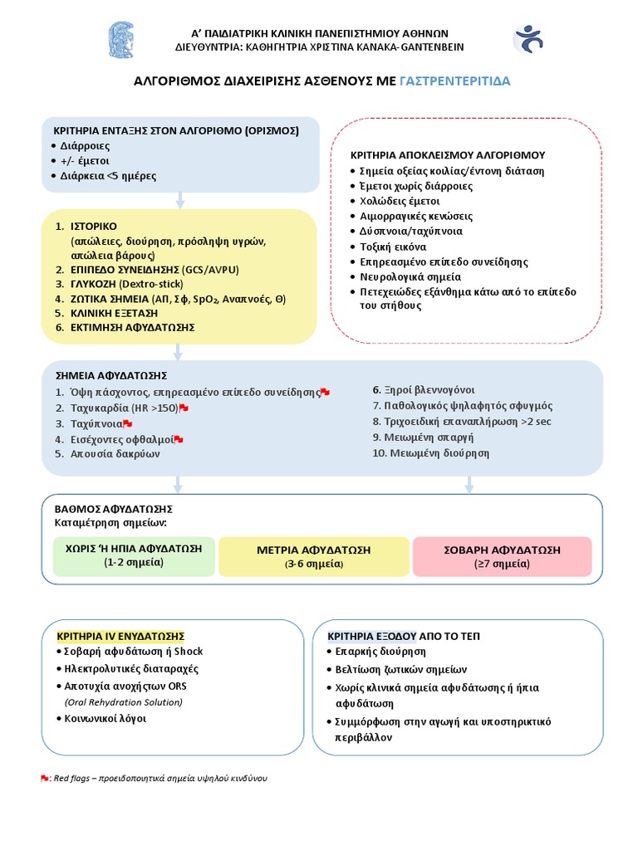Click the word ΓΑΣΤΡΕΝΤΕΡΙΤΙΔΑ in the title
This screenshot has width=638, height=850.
455,81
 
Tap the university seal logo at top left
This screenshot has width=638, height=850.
121,39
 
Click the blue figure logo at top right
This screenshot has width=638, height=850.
528,38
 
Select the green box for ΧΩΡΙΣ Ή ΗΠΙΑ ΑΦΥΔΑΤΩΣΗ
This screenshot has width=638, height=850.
134,555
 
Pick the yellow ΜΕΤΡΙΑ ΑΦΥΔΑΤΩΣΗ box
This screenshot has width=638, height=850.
313,556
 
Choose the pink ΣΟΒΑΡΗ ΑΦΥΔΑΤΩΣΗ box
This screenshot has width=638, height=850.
501,555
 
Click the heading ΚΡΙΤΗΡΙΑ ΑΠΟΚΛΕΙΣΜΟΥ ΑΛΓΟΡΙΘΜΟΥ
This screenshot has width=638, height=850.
447,155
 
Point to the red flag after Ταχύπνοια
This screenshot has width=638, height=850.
128,423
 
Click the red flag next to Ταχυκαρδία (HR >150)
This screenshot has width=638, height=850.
184,408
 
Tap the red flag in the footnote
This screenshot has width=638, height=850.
45,779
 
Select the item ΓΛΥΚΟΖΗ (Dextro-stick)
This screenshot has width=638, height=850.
126,283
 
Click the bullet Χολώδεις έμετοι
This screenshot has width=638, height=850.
400,201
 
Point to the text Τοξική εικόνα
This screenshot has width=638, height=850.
393,247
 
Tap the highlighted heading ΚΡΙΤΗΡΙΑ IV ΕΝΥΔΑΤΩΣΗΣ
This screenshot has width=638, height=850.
120,636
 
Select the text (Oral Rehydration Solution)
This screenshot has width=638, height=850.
123,702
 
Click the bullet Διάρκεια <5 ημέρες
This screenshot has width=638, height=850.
108,176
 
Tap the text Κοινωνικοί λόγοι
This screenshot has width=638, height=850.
105,718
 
